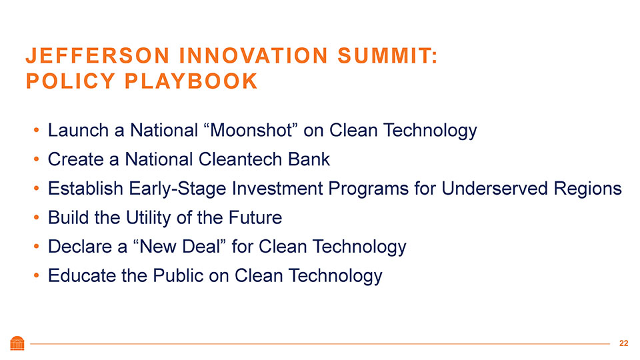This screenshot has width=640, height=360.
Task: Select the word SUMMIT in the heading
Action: pos(384,55)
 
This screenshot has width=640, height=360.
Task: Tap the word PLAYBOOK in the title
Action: pos(191,81)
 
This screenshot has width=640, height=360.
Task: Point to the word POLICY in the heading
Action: pos(70,81)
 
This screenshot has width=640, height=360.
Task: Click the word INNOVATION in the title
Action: pos(253,55)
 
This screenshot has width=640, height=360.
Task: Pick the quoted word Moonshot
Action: pos(250,130)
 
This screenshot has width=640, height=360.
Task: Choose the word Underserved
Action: pos(495,188)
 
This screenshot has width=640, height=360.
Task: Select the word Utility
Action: pos(149,218)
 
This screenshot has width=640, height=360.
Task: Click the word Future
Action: pos(255,217)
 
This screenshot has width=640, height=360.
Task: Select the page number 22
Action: pos(624,343)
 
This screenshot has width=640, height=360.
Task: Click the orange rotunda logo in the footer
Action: pos(17,343)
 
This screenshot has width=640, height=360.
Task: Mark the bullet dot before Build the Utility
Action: pos(36,217)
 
